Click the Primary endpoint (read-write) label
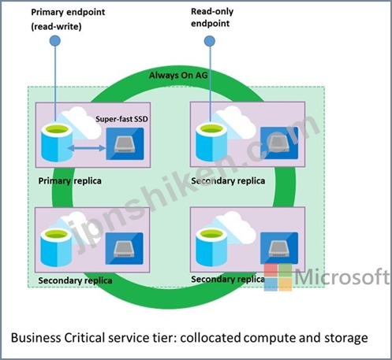click(x=68, y=19)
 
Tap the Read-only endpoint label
click(x=212, y=17)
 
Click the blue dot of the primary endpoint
click(x=55, y=41)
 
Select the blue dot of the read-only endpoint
click(x=210, y=41)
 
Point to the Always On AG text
click(x=178, y=76)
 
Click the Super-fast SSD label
click(x=121, y=119)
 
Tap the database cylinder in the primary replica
click(x=57, y=143)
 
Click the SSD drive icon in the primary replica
click(x=125, y=144)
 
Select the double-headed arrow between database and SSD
click(x=87, y=148)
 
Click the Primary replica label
click(x=69, y=181)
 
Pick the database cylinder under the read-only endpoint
click(x=211, y=143)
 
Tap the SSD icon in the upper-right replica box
click(x=279, y=143)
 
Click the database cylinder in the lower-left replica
click(x=56, y=247)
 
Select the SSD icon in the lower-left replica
click(x=125, y=248)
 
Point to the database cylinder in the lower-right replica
click(x=211, y=247)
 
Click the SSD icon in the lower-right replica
click(x=279, y=248)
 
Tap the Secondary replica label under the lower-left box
click(x=75, y=280)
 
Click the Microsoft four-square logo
click(x=278, y=277)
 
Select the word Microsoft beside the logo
click(x=342, y=276)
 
